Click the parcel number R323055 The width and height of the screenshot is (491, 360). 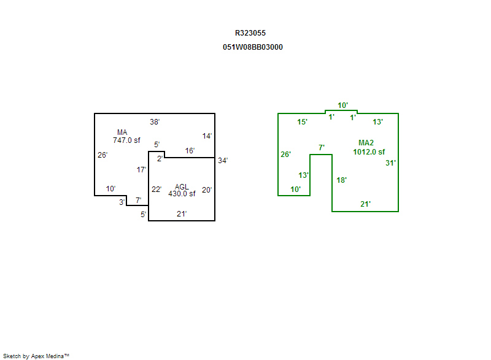tap(250, 33)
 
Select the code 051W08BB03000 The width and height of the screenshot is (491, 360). tap(253, 47)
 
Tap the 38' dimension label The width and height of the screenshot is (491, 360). tap(155, 121)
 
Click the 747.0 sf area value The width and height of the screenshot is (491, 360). tap(126, 140)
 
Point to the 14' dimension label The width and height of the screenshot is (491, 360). tap(207, 136)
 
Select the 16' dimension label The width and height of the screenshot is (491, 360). tap(190, 150)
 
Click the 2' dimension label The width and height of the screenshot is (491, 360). tap(160, 159)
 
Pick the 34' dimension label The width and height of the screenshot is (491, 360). tap(223, 161)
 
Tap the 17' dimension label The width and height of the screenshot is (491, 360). tap(142, 169)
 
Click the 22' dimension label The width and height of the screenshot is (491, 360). tap(157, 190)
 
